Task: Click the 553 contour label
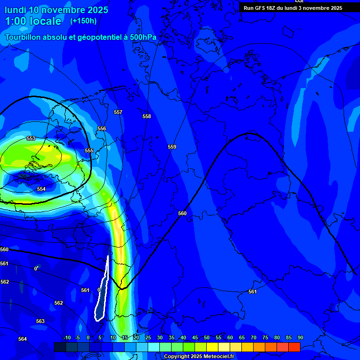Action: [31, 138]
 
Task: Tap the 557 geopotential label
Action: [118, 112]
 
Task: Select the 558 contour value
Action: [147, 116]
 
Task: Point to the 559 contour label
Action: [172, 147]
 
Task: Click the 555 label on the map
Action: [89, 150]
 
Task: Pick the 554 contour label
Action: [41, 189]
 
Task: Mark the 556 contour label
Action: [102, 128]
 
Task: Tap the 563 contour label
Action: [40, 321]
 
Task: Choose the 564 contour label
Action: [22, 339]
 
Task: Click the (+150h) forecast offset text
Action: [83, 21]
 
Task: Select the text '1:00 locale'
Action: [33, 21]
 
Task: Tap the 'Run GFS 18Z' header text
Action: [262, 8]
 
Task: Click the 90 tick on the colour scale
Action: [300, 337]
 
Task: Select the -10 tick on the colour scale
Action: [67, 337]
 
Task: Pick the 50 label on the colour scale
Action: [207, 337]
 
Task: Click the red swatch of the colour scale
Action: [294, 347]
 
